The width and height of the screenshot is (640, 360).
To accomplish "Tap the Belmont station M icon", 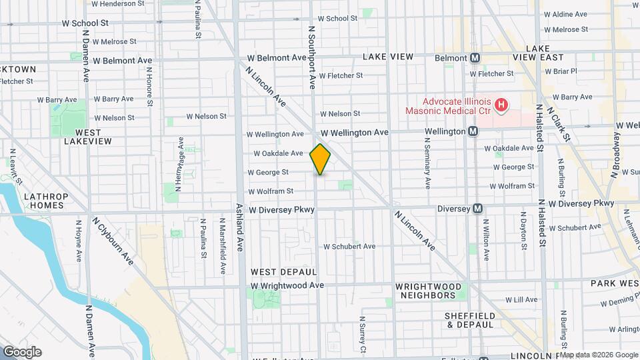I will [475, 58].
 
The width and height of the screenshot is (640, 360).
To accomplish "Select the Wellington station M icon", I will [473, 131].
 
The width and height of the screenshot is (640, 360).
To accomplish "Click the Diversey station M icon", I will [477, 209].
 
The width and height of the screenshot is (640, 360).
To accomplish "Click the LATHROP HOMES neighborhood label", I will [46, 201].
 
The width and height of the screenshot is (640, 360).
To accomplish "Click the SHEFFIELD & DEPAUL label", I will [471, 320].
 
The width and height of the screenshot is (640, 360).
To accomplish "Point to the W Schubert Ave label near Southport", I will [349, 247].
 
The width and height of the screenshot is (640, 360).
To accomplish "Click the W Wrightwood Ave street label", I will [287, 286].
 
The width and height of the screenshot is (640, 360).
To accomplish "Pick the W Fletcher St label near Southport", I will [341, 75].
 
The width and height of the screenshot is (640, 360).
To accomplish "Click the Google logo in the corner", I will [22, 352].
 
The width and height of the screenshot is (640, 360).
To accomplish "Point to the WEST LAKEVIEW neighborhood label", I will [83, 137].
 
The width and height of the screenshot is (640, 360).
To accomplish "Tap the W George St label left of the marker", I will [268, 172].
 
